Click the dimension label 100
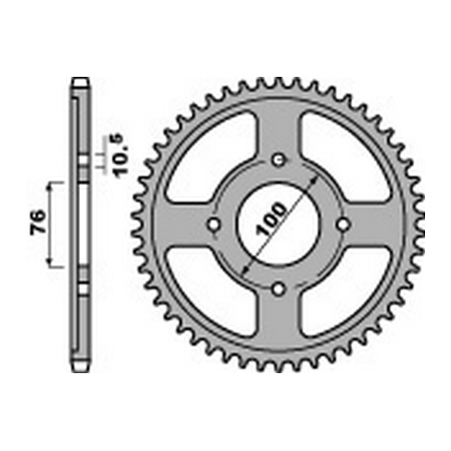271,219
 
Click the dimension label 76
38,224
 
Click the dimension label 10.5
121,155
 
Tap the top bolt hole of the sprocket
278,161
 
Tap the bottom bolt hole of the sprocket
278,288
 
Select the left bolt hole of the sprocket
214,225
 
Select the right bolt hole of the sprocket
343,225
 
